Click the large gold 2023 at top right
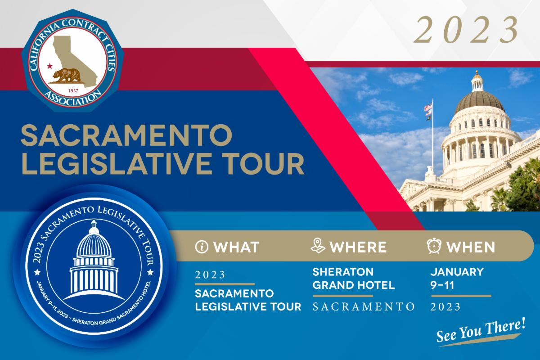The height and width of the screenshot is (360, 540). (x=466, y=30)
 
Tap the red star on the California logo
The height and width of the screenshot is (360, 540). (x=49, y=66)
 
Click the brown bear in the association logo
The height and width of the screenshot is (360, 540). (x=66, y=75)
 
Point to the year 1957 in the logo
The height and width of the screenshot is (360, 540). (x=73, y=90)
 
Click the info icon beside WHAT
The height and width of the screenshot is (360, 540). (x=202, y=247)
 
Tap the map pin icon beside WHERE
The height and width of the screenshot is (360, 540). (x=318, y=246)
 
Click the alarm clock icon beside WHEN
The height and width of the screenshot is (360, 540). (x=434, y=246)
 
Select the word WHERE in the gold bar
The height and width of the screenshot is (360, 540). (x=358, y=247)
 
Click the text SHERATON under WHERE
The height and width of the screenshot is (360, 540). (x=343, y=272)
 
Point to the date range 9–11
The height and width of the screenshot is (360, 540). (x=442, y=285)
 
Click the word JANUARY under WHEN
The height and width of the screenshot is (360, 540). (x=457, y=272)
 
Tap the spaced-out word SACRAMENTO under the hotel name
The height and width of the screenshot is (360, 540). (x=364, y=306)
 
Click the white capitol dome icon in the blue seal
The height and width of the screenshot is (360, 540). (x=94, y=261)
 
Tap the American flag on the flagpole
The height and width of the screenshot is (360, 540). (x=428, y=107)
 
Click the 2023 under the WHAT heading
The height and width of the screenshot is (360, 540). (x=210, y=274)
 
